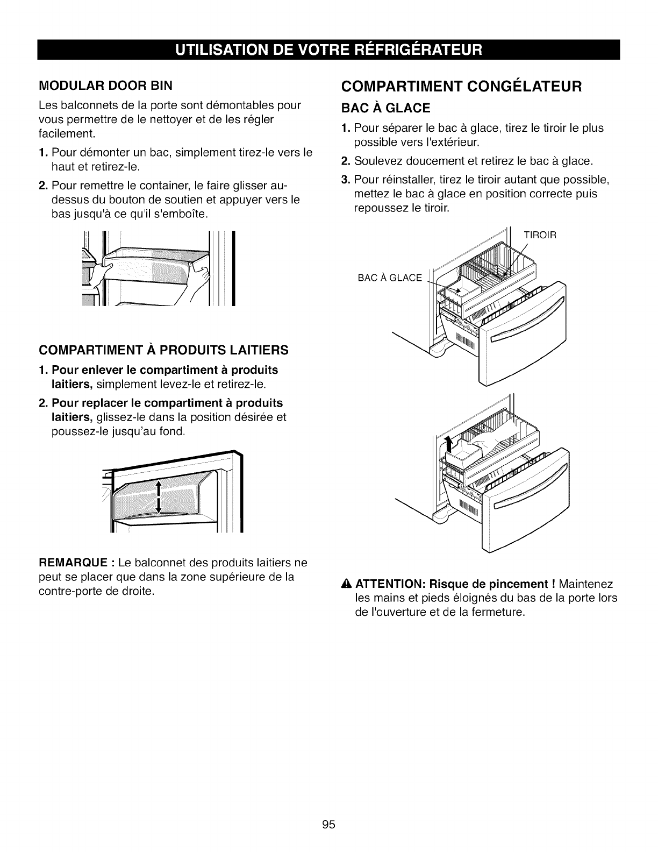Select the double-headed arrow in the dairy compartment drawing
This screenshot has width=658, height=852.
159,497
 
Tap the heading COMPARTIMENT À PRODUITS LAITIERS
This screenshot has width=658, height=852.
163,351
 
